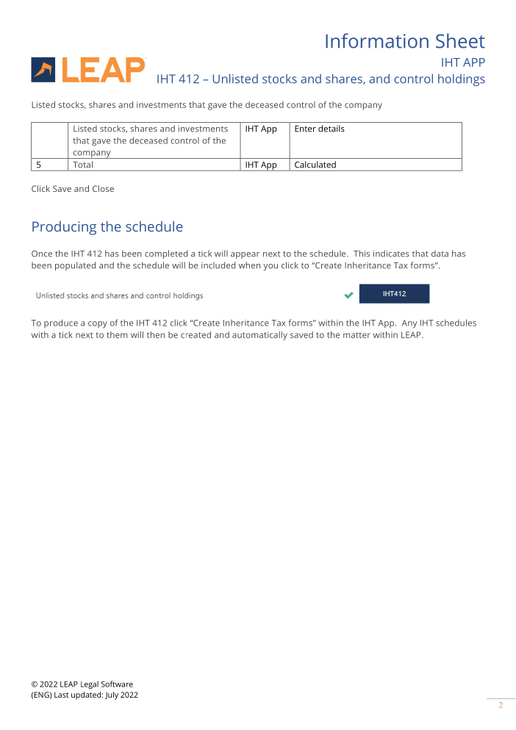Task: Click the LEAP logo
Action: pyautogui.click(x=88, y=70)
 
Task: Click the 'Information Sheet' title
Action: pyautogui.click(x=404, y=41)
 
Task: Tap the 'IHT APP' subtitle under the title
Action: pyautogui.click(x=462, y=62)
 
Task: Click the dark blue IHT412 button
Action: pyautogui.click(x=394, y=294)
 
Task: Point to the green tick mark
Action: pyautogui.click(x=348, y=296)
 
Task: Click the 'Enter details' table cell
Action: pyautogui.click(x=319, y=129)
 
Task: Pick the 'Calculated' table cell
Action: pyautogui.click(x=315, y=165)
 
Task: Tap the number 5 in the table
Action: pyautogui.click(x=39, y=165)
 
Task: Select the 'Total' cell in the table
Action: pyautogui.click(x=83, y=165)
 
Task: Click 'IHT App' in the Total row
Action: pyautogui.click(x=261, y=165)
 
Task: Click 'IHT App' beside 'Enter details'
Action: pyautogui.click(x=261, y=129)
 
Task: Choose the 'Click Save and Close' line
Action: pyautogui.click(x=73, y=189)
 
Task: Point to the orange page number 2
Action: pyautogui.click(x=501, y=706)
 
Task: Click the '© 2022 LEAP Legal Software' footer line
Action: pyautogui.click(x=82, y=684)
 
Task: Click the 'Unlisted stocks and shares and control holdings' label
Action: pyautogui.click(x=120, y=296)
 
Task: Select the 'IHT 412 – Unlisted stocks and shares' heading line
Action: pyautogui.click(x=320, y=79)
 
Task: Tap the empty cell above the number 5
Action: pyautogui.click(x=49, y=140)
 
